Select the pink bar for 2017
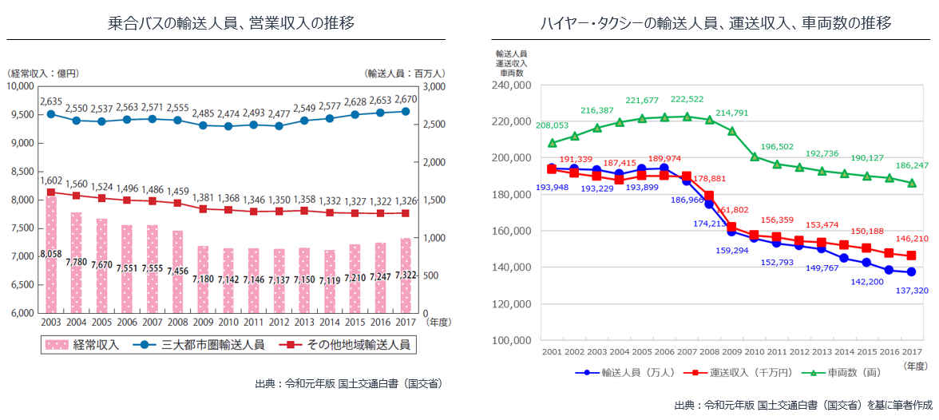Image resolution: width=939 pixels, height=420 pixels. [406, 275]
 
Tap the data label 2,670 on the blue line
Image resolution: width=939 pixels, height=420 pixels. [406, 100]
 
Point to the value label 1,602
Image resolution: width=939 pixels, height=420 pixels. [51, 180]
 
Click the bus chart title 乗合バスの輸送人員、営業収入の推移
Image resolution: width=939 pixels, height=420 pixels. [231, 23]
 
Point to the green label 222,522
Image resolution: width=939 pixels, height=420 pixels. [687, 99]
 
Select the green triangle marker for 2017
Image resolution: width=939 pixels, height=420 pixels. [912, 183]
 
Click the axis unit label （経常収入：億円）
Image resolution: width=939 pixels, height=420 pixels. [43, 73]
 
